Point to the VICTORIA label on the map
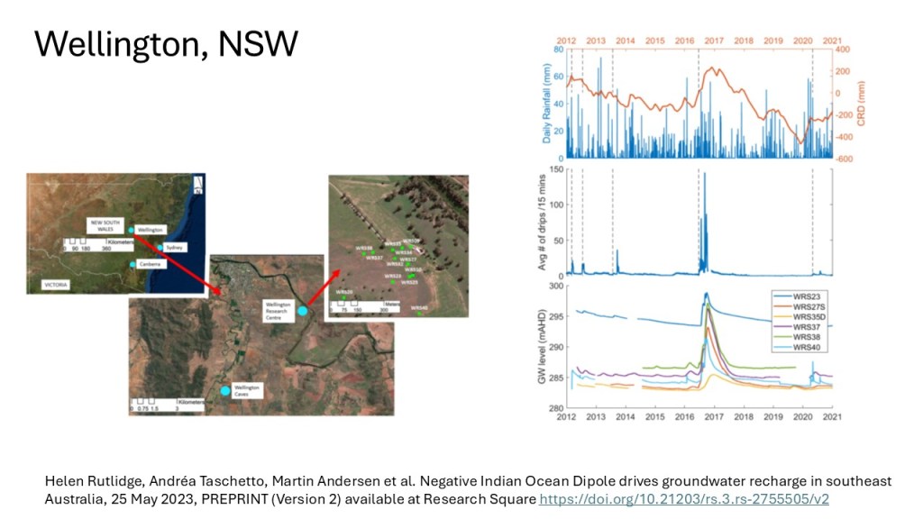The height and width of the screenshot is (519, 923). [x=56, y=284]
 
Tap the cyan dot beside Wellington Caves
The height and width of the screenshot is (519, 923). [x=225, y=390]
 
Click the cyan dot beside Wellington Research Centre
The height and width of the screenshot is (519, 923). [x=303, y=311]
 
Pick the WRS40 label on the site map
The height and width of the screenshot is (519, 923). [x=418, y=308]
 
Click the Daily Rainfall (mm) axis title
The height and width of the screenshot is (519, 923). [x=545, y=105]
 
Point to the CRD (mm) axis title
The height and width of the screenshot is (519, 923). [x=861, y=105]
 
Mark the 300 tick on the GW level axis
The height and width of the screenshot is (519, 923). [x=557, y=287]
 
